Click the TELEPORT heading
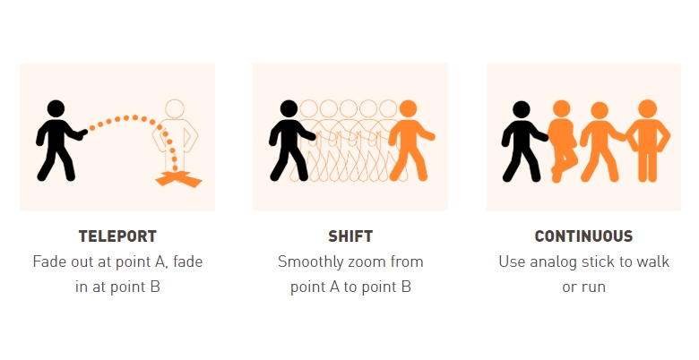117,236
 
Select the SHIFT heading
350,236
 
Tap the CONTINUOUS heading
583,236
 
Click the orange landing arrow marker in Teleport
178,179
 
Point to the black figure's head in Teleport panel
56,108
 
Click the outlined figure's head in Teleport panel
175,108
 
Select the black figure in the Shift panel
292,141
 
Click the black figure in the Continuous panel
524,141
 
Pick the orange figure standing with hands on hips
648,141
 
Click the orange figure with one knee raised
563,141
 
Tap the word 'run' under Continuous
594,287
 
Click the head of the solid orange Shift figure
409,108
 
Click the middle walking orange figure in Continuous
603,141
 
